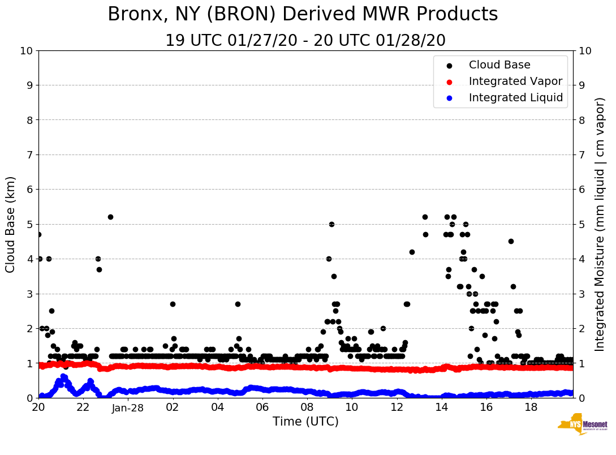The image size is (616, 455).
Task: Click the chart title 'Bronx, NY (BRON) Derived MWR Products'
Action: pos(303,14)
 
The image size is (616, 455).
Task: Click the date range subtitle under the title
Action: pos(305,41)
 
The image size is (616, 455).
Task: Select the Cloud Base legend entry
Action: pos(499,65)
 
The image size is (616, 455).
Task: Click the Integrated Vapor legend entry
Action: pos(515,81)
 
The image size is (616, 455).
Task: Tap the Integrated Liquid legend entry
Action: pos(515,98)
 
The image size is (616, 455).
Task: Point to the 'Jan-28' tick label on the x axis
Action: pos(128,407)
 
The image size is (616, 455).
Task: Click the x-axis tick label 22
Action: pos(83,407)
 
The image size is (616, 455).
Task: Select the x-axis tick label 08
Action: pos(307,407)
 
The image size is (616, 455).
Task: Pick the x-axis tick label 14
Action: pos(441,407)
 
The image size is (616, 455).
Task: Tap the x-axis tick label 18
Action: pos(531,407)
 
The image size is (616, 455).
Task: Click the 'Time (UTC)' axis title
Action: pos(305,422)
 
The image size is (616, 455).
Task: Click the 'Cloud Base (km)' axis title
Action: pos(11,224)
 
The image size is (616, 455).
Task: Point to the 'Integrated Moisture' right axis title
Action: pos(600,224)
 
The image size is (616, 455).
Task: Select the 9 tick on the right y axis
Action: pos(581,85)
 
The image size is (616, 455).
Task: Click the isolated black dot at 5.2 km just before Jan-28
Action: pos(110,217)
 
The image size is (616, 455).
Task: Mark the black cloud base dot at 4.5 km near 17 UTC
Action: pos(511,241)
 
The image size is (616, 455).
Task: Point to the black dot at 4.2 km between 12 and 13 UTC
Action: pos(412,252)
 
